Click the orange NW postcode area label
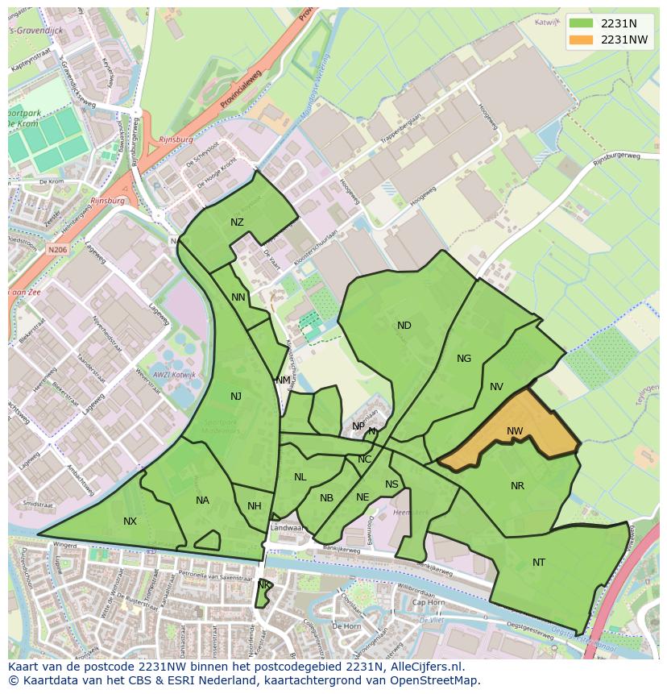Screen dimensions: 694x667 515,431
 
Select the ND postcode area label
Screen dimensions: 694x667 404,326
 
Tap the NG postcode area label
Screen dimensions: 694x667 464,359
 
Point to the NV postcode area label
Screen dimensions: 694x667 496,387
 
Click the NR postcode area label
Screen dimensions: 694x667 517,486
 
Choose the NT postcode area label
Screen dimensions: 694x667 539,563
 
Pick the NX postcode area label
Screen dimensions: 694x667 130,522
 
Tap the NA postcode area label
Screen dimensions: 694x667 202,501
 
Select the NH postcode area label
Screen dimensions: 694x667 255,506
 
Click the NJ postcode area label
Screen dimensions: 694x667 236,396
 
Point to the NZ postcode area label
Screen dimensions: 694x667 237,222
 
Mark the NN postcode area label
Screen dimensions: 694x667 238,297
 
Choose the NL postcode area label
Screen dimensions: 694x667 300,477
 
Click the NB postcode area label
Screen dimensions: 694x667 326,498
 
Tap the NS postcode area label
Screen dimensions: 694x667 391,484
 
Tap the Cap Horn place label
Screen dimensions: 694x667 428,602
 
